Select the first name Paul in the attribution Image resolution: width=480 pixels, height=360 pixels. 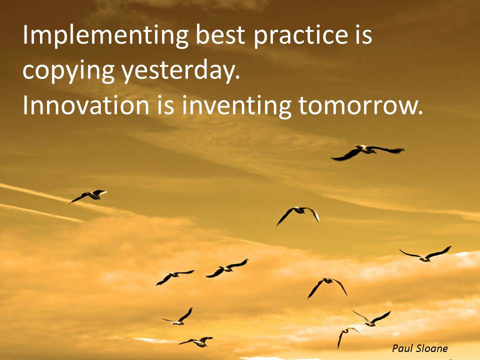[401, 348]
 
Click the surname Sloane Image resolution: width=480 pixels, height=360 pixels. [430, 348]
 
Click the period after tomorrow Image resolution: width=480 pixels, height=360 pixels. [419, 113]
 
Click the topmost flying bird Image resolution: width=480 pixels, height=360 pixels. [367, 151]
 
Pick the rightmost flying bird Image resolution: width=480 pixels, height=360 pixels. [426, 254]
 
